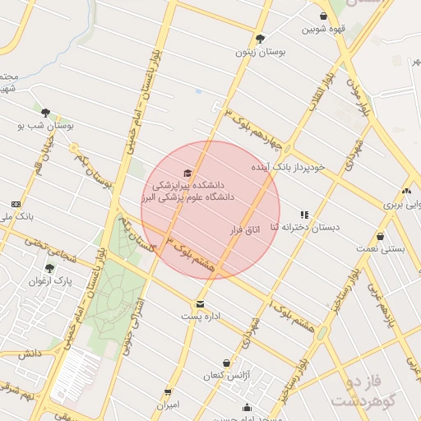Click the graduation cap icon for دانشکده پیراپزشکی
click(187, 173)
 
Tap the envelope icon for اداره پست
click(200, 303)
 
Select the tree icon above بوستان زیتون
click(261, 38)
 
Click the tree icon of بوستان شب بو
click(45, 113)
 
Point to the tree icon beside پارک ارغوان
click(49, 267)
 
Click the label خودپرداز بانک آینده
click(287, 167)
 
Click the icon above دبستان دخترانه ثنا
click(305, 214)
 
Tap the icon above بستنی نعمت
click(380, 235)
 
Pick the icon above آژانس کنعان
click(225, 363)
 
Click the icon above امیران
click(168, 392)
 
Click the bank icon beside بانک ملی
click(16, 204)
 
